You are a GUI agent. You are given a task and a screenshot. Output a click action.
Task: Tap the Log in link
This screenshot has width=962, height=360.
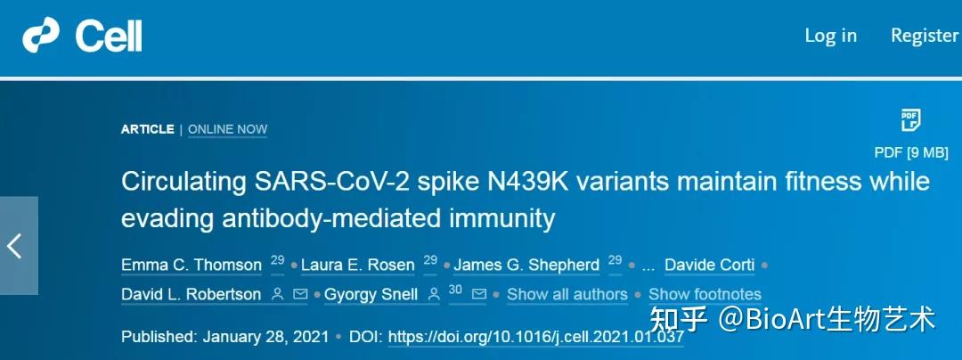(x=830, y=36)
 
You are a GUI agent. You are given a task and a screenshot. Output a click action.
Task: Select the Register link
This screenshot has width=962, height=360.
(x=925, y=36)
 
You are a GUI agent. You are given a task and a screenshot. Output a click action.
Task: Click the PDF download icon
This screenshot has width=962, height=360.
(x=909, y=120)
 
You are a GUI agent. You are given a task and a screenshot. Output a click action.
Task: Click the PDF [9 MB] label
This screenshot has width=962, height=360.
(x=909, y=151)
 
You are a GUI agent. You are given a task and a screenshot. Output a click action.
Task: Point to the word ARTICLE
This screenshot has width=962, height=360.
(x=148, y=129)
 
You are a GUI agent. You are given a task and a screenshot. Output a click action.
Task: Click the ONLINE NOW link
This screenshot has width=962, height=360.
(x=227, y=129)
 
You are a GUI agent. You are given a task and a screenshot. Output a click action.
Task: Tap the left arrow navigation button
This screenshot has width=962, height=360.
(x=16, y=245)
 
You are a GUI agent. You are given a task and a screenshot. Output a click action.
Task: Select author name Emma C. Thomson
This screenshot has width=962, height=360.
(x=192, y=265)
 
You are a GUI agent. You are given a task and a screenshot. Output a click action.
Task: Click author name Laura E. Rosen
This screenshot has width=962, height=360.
(x=357, y=265)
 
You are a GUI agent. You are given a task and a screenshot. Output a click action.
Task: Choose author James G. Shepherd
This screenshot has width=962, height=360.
(x=526, y=265)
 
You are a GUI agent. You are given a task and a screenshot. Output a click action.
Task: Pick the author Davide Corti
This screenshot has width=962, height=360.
(x=709, y=265)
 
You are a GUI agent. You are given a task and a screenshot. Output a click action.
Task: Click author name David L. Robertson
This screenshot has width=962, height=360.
(x=192, y=294)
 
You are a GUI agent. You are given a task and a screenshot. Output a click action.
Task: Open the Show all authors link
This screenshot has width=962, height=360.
(x=567, y=294)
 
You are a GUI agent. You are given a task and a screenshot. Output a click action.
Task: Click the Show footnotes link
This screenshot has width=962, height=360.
(x=705, y=294)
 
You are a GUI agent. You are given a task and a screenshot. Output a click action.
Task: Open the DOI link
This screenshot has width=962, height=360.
(x=536, y=337)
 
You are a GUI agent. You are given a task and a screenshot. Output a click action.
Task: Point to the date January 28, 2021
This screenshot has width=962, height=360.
(x=265, y=337)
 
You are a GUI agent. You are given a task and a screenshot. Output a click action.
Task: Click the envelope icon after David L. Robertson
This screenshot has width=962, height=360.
(x=300, y=294)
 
